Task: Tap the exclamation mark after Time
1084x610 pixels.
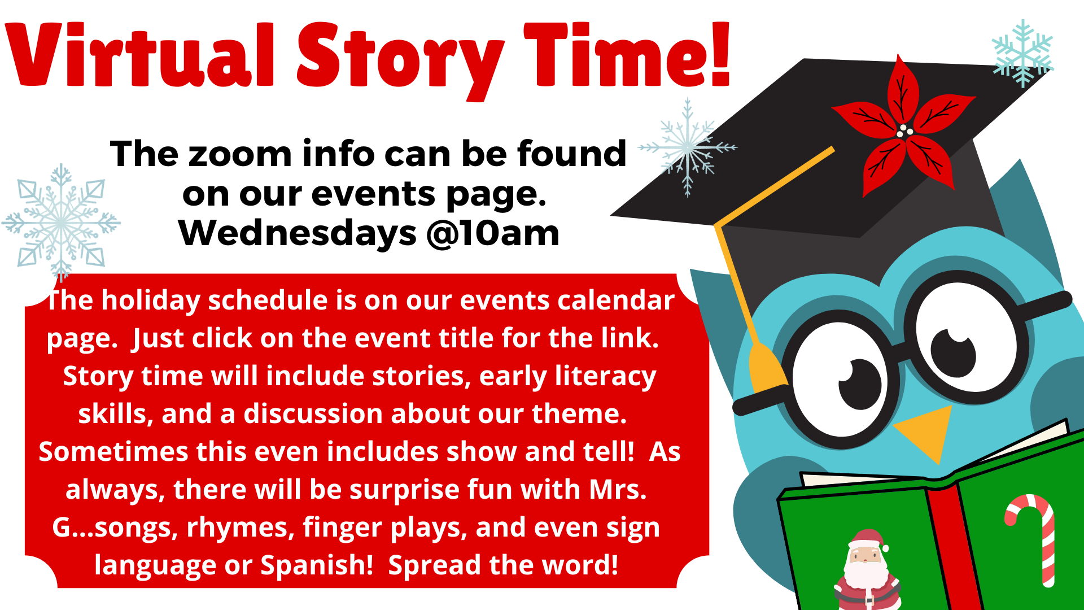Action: [x=720, y=54]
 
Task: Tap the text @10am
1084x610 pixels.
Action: [x=493, y=233]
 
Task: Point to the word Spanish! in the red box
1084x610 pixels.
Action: [x=317, y=565]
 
